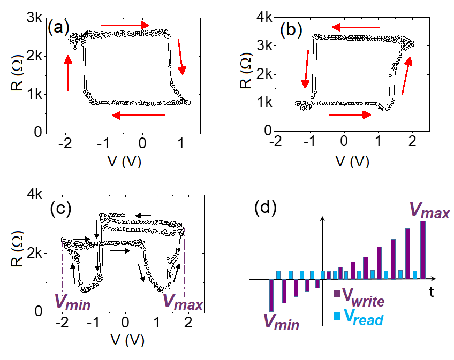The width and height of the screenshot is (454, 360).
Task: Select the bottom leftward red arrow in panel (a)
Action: coord(139,115)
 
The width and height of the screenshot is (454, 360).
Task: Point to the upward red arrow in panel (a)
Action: coord(69,73)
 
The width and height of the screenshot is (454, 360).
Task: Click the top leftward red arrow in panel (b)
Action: coord(355,27)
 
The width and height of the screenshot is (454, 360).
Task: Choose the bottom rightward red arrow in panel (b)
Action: coord(349,114)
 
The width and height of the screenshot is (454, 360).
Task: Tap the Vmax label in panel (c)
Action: coord(183,304)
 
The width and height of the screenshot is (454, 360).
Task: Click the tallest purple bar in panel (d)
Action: coord(423,250)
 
